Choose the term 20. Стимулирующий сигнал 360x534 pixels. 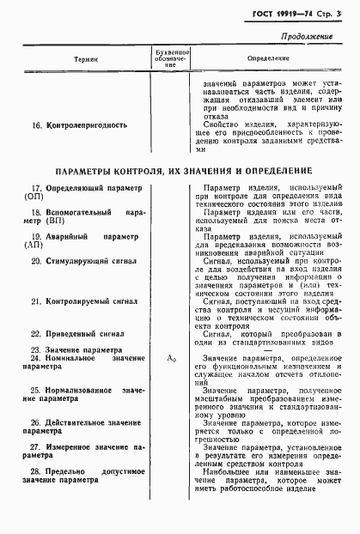(82, 258)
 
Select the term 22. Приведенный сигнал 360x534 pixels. (77, 333)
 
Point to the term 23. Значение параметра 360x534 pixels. (76, 349)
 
